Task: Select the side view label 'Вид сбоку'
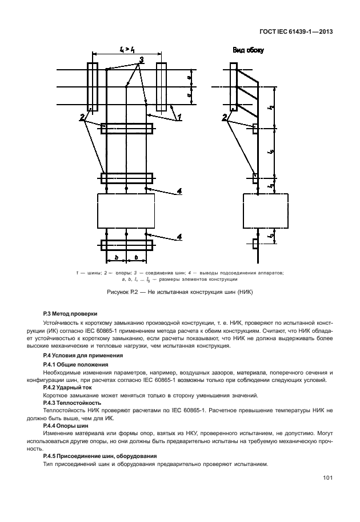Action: (247, 50)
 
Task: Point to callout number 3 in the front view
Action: (140, 60)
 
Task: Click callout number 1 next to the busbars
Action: (178, 117)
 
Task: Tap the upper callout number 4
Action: (180, 192)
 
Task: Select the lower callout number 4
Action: (180, 236)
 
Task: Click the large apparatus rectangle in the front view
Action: (126, 211)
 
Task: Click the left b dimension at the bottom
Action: (117, 258)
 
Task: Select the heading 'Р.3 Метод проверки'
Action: (70, 313)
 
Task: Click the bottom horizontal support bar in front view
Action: (126, 245)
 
